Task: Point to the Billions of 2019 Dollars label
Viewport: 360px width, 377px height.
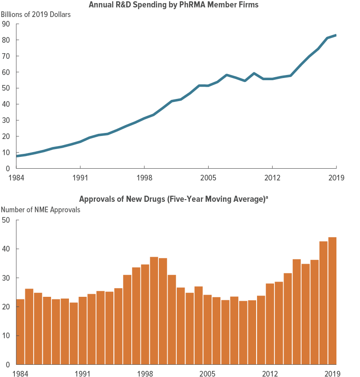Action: click(x=36, y=14)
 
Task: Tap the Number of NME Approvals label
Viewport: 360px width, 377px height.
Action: click(x=41, y=210)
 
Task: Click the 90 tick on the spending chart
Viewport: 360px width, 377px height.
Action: click(x=6, y=24)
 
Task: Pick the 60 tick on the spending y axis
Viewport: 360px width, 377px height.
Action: click(x=6, y=72)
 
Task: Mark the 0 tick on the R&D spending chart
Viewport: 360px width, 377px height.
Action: click(x=8, y=168)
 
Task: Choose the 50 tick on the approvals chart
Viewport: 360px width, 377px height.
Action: click(x=6, y=220)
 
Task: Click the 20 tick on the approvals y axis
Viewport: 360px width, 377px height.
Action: click(x=6, y=307)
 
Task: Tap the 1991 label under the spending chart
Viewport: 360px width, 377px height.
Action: click(x=80, y=178)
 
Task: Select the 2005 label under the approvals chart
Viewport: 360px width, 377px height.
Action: click(x=208, y=374)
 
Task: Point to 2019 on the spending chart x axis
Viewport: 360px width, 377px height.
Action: click(x=336, y=178)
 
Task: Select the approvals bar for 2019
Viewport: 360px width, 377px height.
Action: click(x=332, y=301)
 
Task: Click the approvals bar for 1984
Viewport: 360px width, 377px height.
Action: click(x=20, y=331)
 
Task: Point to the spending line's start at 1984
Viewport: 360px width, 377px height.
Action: click(x=17, y=156)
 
